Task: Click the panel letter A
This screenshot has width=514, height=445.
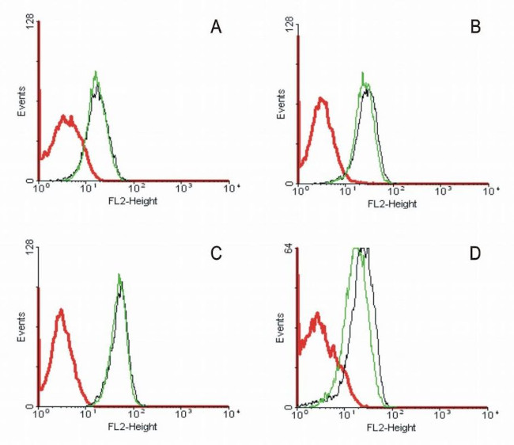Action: (215, 29)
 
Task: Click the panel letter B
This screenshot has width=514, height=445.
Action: (475, 29)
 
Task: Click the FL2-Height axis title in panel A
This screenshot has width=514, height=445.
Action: (132, 201)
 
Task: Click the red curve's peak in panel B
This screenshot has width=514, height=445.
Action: (321, 98)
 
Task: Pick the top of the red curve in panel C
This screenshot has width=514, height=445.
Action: (61, 310)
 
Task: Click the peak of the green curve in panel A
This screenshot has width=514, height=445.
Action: (96, 72)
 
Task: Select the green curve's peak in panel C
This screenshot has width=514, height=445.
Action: (119, 275)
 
